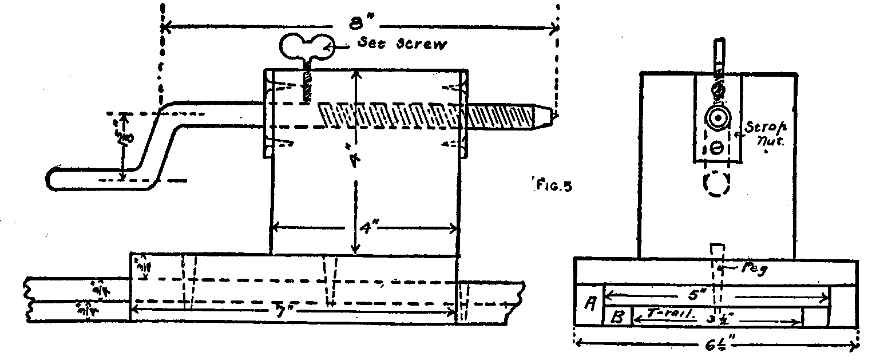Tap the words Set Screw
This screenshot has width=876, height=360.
394,45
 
